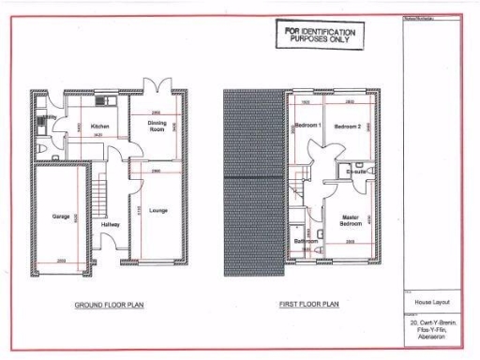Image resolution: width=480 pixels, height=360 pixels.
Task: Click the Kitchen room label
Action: (x=100, y=126)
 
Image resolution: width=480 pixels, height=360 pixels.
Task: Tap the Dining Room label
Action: (x=157, y=127)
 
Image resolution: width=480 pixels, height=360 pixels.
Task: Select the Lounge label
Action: (x=157, y=210)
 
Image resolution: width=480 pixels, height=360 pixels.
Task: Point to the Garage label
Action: (x=62, y=217)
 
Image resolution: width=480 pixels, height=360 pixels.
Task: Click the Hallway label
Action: (x=110, y=225)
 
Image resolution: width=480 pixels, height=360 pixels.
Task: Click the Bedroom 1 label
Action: (x=307, y=126)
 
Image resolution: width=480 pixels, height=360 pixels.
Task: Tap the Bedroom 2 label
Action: (x=348, y=126)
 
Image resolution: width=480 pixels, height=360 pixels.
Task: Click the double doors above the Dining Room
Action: (x=157, y=84)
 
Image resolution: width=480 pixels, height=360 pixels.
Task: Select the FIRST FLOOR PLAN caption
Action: (x=307, y=306)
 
